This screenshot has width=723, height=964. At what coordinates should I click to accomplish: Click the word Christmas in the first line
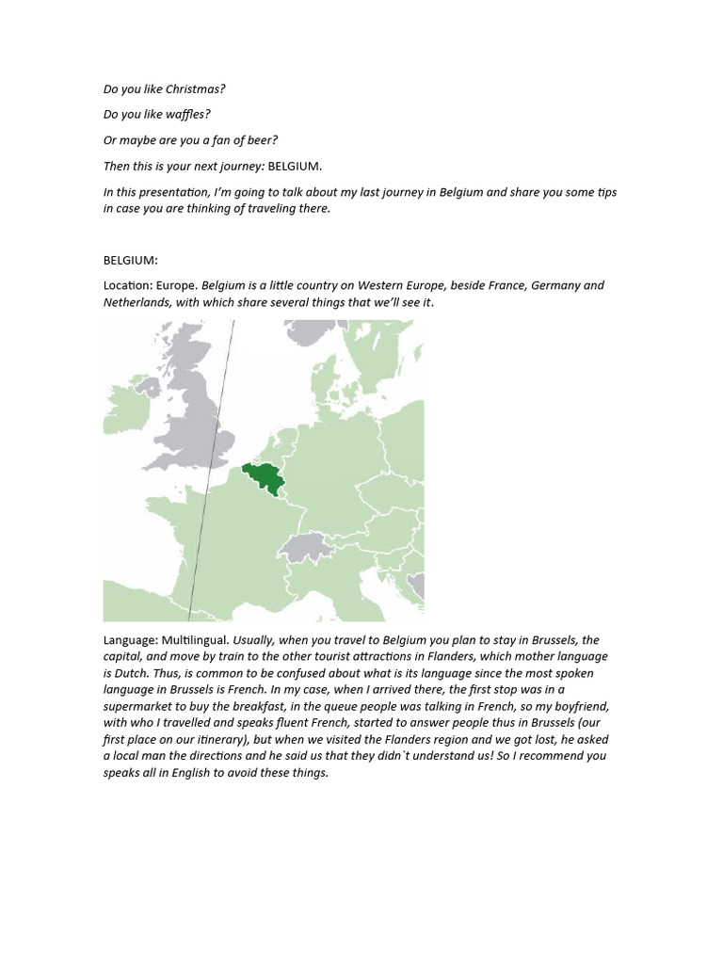(196, 89)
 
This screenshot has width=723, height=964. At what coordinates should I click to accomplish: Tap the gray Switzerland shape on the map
(306, 547)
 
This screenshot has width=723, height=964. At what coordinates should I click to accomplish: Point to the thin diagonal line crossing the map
(211, 471)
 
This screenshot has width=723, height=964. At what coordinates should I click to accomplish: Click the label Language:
(131, 640)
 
